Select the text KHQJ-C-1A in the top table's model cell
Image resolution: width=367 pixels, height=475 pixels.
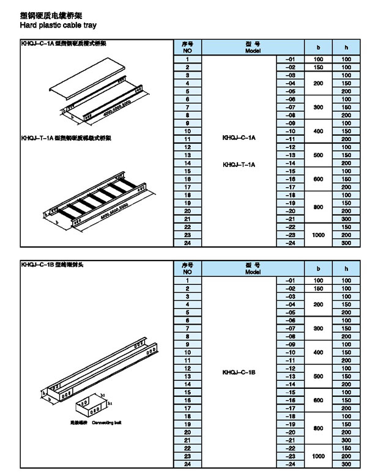tap(239, 138)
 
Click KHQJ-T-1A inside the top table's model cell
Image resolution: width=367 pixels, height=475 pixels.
tap(239, 164)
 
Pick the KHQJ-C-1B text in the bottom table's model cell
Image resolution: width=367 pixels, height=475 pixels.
tap(239, 371)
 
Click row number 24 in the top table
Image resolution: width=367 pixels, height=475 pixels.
tap(188, 243)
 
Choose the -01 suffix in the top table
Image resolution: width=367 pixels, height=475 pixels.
tap(290, 59)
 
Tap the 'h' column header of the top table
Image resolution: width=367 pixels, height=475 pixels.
tap(346, 47)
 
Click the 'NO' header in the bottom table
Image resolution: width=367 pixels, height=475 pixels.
tap(188, 272)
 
